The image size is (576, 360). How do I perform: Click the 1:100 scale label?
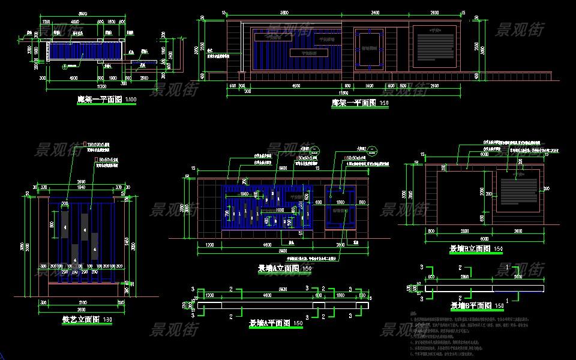coord(130,100)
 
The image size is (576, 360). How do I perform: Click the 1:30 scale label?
coord(108,320)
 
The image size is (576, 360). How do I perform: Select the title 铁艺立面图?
coord(80,320)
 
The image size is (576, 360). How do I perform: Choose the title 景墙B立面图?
coord(470,248)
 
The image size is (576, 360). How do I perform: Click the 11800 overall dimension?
coord(343,93)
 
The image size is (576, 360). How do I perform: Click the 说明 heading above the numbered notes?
coord(412,313)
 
